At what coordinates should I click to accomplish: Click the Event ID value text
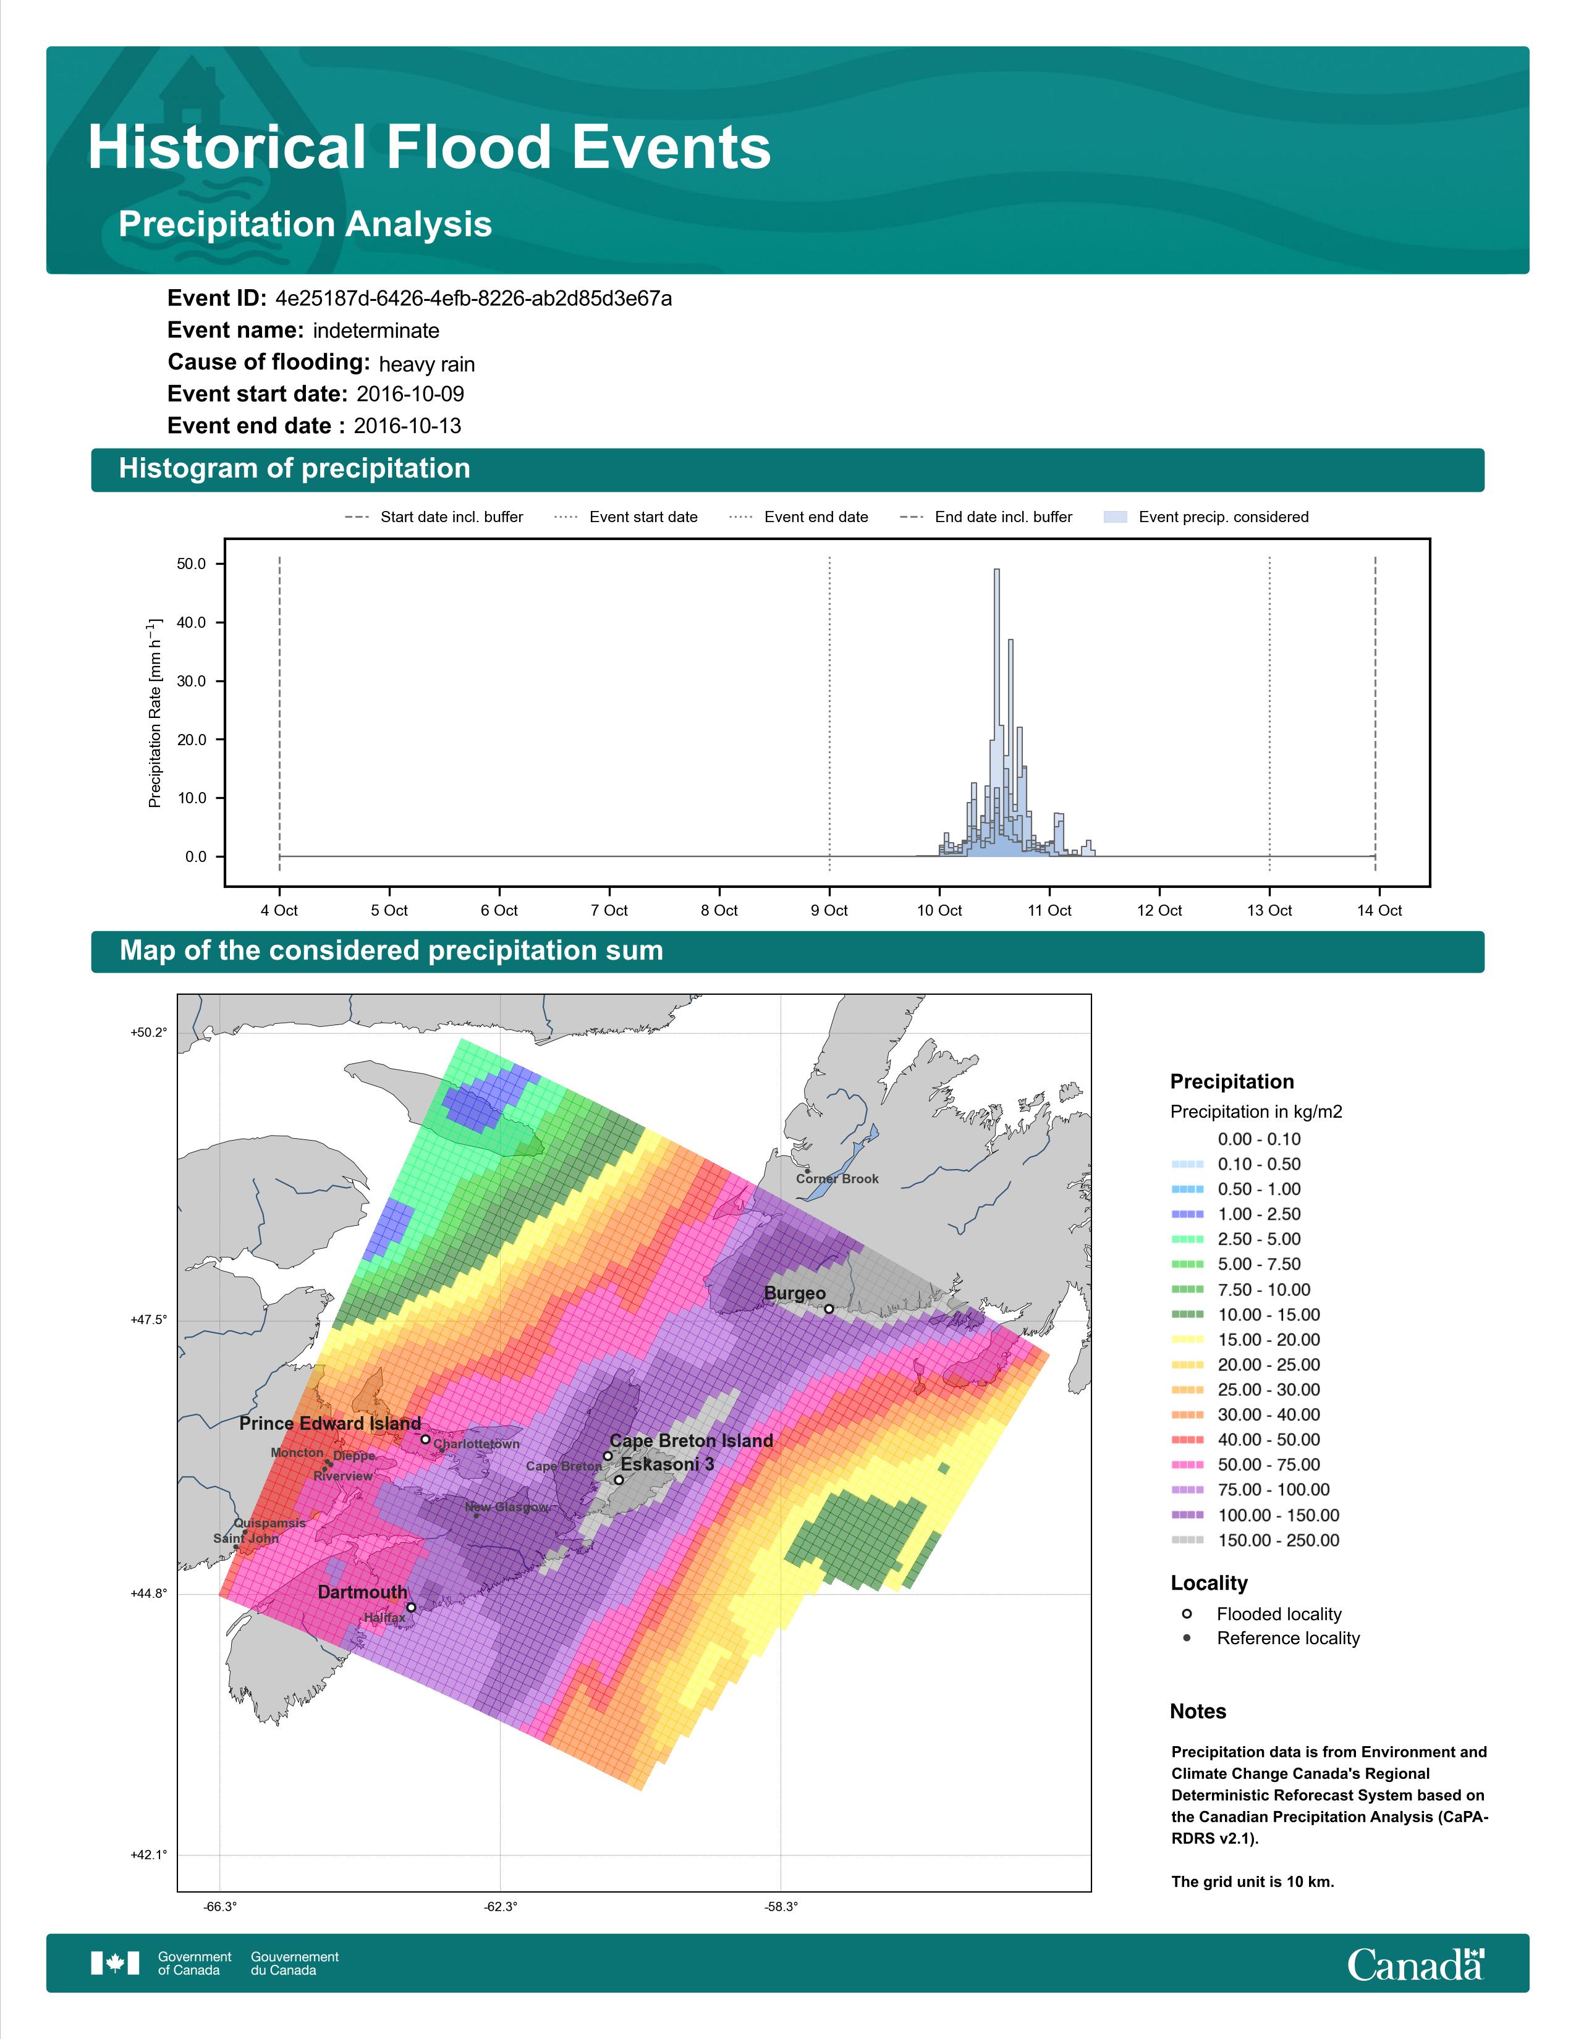pyautogui.click(x=473, y=299)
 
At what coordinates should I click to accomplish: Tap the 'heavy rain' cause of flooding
pyautogui.click(x=426, y=364)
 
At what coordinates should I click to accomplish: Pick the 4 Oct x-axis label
pyautogui.click(x=279, y=910)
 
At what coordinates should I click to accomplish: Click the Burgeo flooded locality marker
pyautogui.click(x=828, y=1309)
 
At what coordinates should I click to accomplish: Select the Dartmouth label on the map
pyautogui.click(x=362, y=1592)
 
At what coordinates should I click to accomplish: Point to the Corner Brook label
pyautogui.click(x=837, y=1179)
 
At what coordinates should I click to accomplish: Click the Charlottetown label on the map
pyautogui.click(x=476, y=1445)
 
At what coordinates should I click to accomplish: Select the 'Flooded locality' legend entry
pyautogui.click(x=1278, y=1614)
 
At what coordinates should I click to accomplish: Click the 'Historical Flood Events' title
pyautogui.click(x=430, y=148)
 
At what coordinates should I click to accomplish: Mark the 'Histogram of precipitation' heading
pyautogui.click(x=294, y=469)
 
